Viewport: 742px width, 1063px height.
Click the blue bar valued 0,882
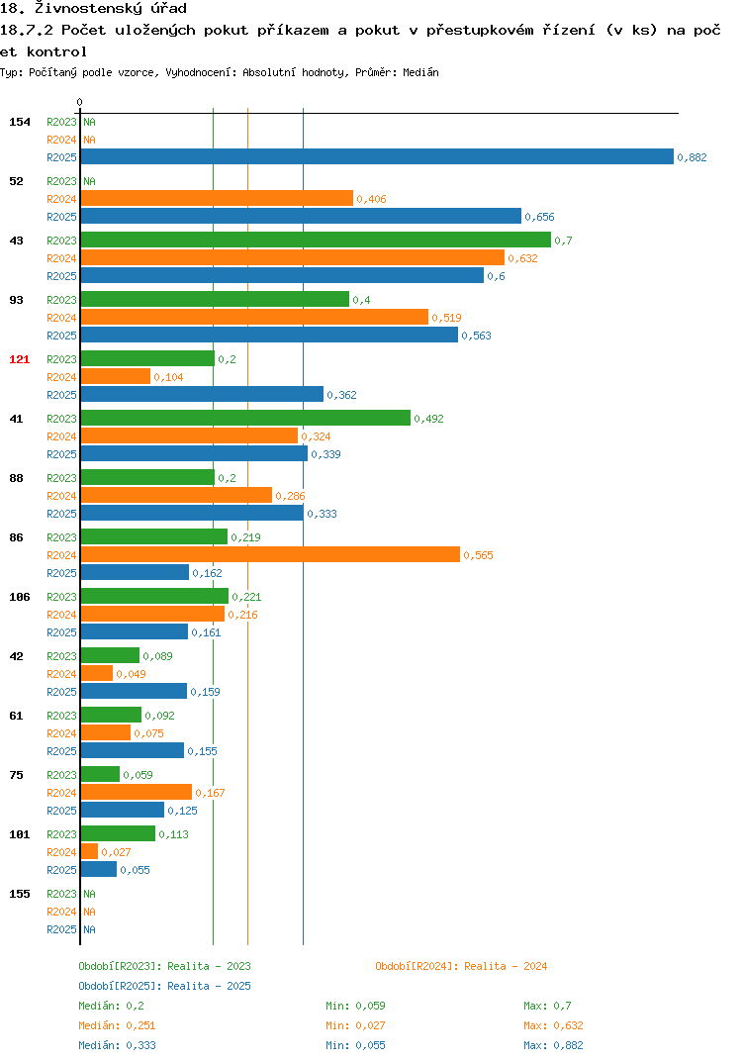click(x=377, y=156)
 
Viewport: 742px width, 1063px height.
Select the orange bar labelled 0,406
click(x=217, y=198)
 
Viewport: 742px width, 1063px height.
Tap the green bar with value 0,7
click(x=316, y=240)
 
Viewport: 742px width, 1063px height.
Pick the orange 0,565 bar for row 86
click(x=270, y=554)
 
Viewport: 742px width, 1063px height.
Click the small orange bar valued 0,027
click(x=89, y=851)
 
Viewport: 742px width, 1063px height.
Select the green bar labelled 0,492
click(x=245, y=419)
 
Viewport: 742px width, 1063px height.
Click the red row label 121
click(x=20, y=359)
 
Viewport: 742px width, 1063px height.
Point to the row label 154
click(x=20, y=122)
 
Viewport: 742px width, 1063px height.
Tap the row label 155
click(x=20, y=894)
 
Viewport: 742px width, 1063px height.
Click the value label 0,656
click(x=539, y=217)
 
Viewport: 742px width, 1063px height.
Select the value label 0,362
click(x=341, y=395)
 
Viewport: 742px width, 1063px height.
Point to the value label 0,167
click(x=210, y=793)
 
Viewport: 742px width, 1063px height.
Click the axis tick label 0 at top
click(x=79, y=102)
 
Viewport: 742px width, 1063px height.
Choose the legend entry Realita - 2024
click(x=461, y=966)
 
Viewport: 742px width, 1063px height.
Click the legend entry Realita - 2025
click(x=164, y=986)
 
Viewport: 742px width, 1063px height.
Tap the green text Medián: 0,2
click(x=111, y=1006)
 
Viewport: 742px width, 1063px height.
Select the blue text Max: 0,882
click(x=553, y=1045)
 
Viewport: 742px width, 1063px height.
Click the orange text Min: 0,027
click(x=355, y=1025)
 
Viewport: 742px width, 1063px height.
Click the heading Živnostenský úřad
click(x=111, y=9)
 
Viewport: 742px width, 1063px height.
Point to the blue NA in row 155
click(x=89, y=929)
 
